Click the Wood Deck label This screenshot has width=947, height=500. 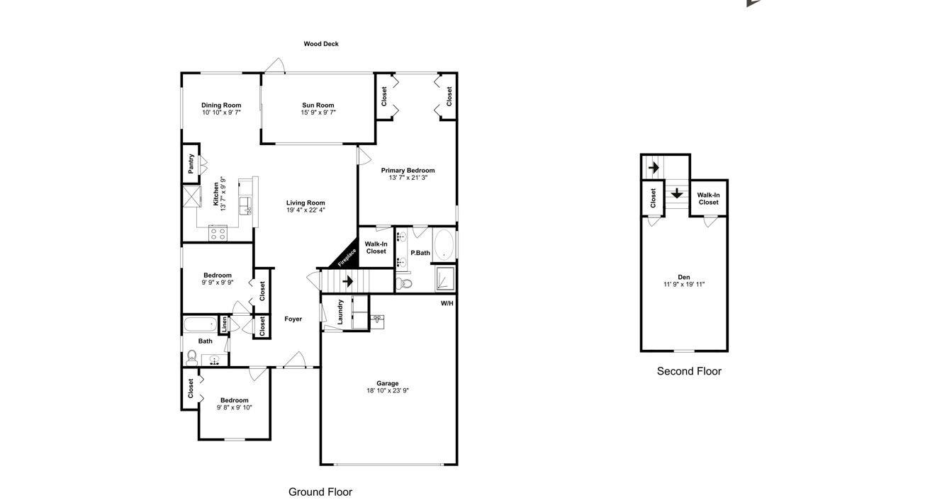[x=321, y=44]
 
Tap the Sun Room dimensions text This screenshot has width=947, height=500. [x=318, y=113]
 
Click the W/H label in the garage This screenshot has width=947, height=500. [x=447, y=303]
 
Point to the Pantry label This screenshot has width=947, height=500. [x=191, y=164]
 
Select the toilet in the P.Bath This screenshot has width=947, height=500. [x=405, y=284]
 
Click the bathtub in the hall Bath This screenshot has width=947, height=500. [x=199, y=325]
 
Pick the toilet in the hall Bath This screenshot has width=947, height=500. [x=192, y=357]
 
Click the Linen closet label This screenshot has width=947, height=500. [x=224, y=325]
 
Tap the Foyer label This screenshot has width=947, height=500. [x=293, y=319]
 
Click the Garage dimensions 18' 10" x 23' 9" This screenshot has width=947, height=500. [x=388, y=391]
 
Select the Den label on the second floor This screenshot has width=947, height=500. [x=683, y=277]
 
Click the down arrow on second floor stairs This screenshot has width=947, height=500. [x=677, y=193]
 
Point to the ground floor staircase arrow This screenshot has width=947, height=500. [x=347, y=281]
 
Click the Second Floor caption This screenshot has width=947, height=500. [x=689, y=371]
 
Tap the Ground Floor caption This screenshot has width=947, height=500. [x=320, y=492]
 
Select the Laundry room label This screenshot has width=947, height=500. [x=340, y=312]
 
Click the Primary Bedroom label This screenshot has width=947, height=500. [x=408, y=170]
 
